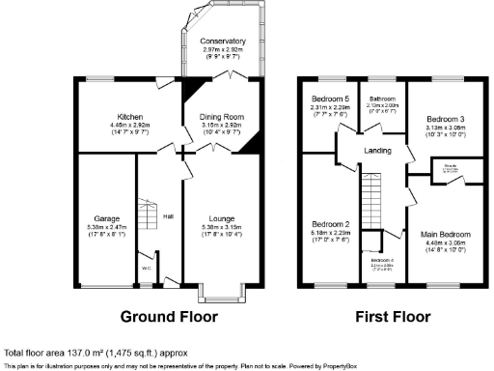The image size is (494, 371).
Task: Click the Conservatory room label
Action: click(x=223, y=42)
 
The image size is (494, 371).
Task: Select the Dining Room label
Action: click(x=223, y=117)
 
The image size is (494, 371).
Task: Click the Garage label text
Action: click(x=106, y=217)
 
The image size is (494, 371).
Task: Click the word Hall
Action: click(x=167, y=215)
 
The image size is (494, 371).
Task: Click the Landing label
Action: click(x=377, y=151)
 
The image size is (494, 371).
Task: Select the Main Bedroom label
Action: click(x=445, y=233)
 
